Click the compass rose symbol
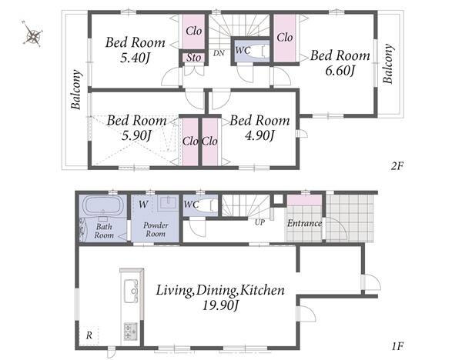point(32,35)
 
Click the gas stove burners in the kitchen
point(131,331)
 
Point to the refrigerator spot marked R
point(89,335)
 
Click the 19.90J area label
point(220,305)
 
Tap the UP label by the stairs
point(259,222)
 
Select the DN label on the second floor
point(219,53)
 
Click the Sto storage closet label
point(193,58)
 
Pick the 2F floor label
point(397,166)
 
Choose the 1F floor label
point(397,346)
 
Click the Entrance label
point(304,223)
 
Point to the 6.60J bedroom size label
point(339,71)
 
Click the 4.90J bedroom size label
point(260,135)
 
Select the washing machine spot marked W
point(143,204)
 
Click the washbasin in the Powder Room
point(168,203)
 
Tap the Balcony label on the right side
point(388,64)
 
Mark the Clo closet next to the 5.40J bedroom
point(193,31)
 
